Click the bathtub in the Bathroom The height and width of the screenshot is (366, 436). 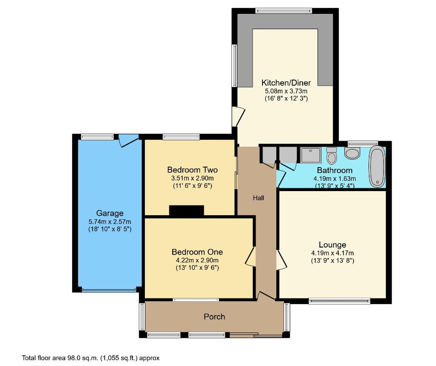coord(377,167)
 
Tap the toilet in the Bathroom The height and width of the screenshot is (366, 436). coord(331,156)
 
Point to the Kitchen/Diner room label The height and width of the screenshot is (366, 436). coord(286,83)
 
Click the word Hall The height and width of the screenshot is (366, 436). coord(258,198)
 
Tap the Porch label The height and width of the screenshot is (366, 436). coord(215,317)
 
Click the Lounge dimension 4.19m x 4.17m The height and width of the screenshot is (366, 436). coord(332,253)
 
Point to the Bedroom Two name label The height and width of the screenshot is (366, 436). coord(192,170)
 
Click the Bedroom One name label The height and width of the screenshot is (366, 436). coord(197,252)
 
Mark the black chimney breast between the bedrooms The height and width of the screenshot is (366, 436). coord(187,211)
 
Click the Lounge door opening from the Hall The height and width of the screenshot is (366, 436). coord(281,260)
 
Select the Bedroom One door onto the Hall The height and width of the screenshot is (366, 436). coord(250,256)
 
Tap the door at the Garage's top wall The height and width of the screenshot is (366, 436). coord(128,141)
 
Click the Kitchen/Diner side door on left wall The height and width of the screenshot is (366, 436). coord(237,116)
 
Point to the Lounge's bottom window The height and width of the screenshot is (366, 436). coord(340,301)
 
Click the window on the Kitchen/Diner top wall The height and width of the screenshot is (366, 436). coord(284,10)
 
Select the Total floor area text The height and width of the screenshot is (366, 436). coord(91,358)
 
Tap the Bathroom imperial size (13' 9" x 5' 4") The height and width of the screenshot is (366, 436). coord(335,186)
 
